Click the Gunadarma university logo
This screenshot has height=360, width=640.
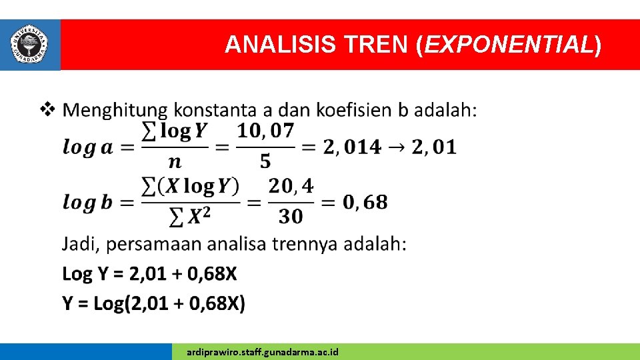[30, 44]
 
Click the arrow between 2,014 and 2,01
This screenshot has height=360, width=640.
[397, 147]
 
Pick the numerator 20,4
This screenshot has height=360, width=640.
[291, 186]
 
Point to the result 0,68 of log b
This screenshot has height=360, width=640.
[365, 201]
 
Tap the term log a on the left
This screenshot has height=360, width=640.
[87, 147]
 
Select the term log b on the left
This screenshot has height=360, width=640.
[87, 201]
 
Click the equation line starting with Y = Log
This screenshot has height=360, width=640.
[153, 304]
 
